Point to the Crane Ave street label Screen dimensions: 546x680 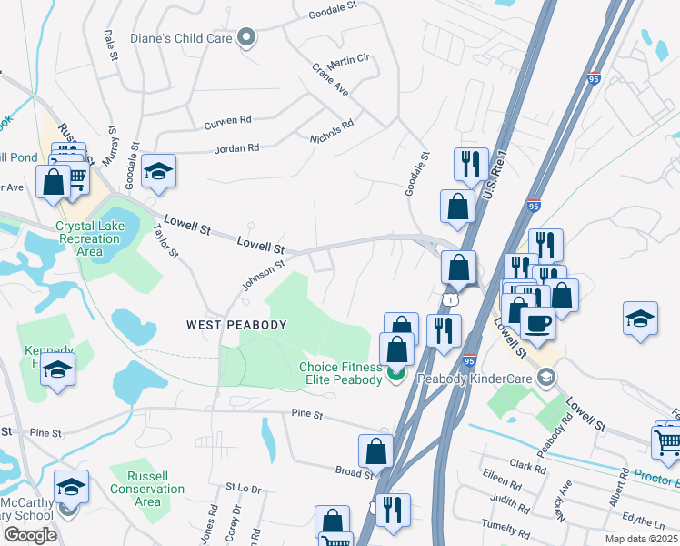click(330, 80)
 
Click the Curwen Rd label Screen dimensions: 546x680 click(227, 120)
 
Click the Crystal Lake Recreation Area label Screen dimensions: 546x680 click(87, 239)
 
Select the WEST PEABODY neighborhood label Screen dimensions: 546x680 click(236, 325)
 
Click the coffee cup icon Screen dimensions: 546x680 click(537, 322)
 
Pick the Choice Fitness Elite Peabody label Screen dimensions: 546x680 click(341, 374)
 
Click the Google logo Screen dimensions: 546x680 click(31, 534)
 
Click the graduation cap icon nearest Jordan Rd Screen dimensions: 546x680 click(158, 170)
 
